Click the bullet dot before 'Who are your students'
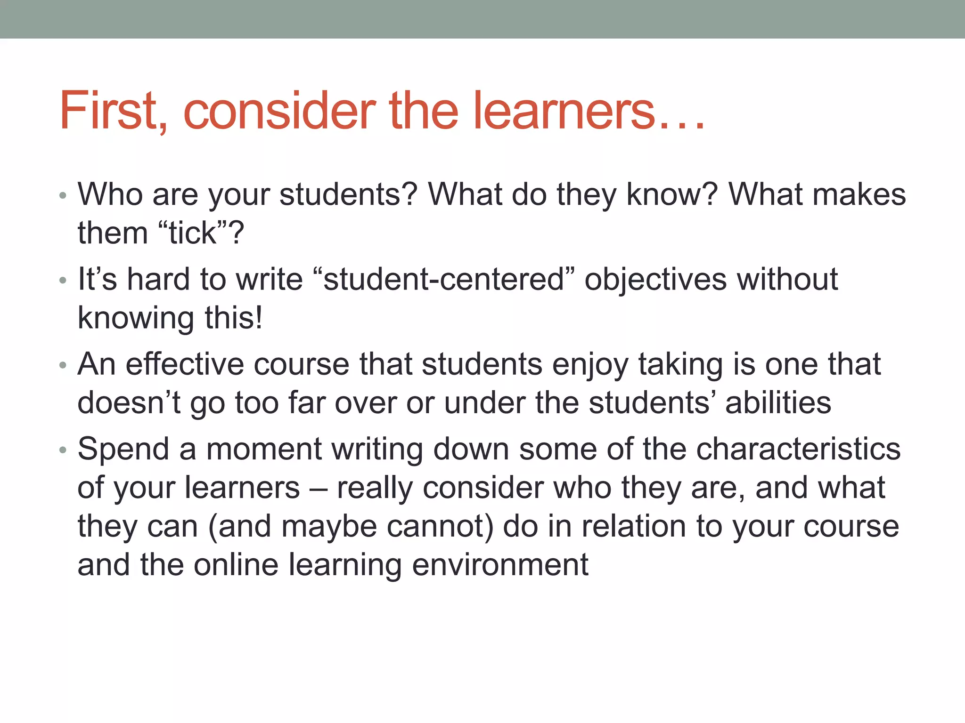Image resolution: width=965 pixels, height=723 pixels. [x=63, y=195]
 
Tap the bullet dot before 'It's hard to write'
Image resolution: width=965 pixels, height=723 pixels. [x=63, y=281]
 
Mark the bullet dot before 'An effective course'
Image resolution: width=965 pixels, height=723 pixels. [x=63, y=366]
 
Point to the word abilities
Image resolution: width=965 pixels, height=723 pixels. [x=778, y=403]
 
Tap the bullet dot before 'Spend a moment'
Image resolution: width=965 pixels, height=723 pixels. [x=63, y=450]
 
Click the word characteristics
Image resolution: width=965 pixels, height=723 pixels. [x=798, y=449]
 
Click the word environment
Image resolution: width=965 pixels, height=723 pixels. [x=500, y=564]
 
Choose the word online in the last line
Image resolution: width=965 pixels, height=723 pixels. [x=236, y=564]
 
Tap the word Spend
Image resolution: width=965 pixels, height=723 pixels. [x=123, y=450]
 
